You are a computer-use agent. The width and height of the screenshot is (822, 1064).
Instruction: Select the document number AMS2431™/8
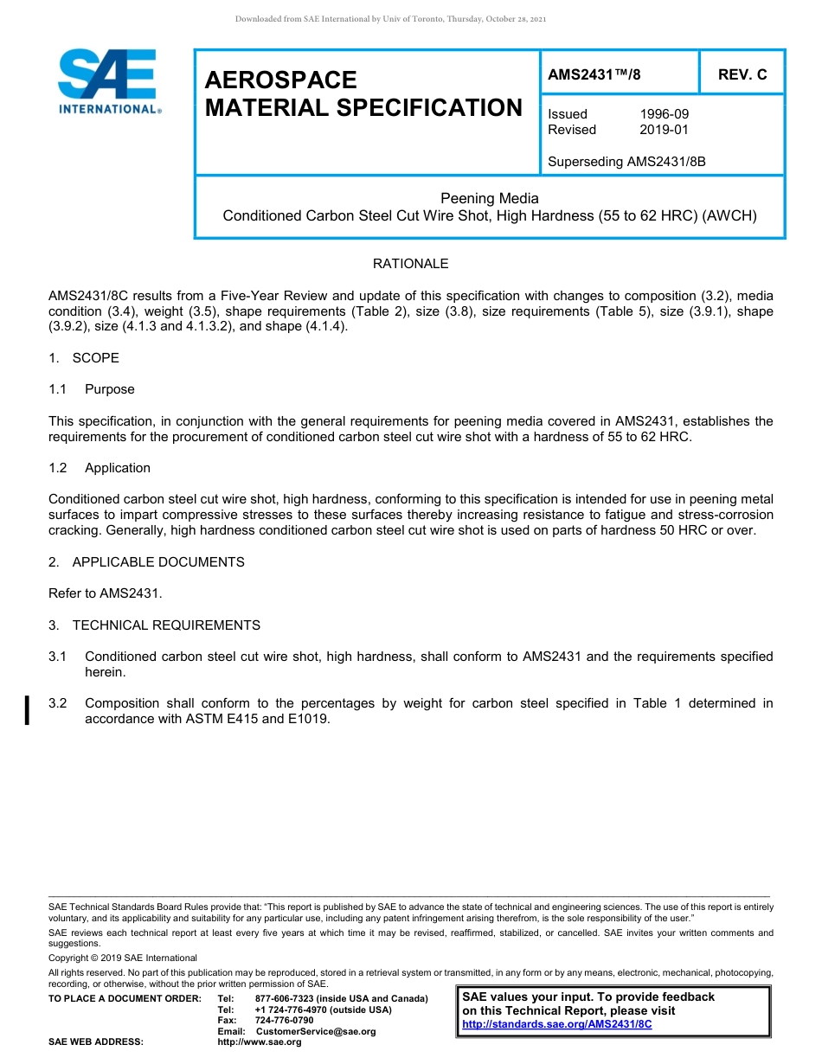coord(594,74)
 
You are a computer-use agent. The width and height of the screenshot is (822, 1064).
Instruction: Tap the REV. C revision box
coord(742,74)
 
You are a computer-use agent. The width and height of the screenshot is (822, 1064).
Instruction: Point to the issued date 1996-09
coord(664,114)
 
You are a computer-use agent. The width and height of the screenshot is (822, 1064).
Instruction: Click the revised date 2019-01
coord(664,130)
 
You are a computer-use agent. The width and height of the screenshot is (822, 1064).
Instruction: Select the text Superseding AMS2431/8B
coord(626,161)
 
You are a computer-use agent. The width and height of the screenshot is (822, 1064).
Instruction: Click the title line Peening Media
coord(489,198)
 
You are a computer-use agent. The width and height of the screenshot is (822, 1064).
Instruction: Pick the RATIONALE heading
coord(410,263)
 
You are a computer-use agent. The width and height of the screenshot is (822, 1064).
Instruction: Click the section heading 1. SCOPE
coord(84,358)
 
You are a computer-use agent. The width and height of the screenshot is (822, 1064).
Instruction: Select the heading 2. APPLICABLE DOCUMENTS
coord(146,562)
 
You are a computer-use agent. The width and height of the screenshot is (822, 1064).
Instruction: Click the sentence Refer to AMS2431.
coord(105,593)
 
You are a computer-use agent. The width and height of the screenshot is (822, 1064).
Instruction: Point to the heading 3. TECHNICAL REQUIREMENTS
coord(154,625)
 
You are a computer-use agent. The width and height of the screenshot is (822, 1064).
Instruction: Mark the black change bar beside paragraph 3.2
coord(28,709)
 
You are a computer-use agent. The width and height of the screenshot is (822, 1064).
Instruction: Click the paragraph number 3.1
coord(58,657)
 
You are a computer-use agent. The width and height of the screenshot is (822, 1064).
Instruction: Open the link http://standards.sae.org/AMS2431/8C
coord(556,1023)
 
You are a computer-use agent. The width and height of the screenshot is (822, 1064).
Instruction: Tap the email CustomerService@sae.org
coord(316,1031)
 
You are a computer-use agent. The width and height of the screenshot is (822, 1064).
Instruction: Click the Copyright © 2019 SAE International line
coord(123,958)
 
